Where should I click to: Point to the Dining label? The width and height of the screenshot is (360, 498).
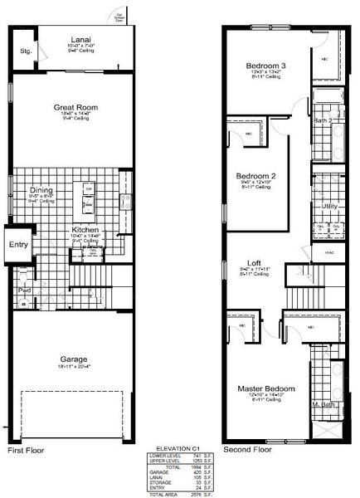click(41, 189)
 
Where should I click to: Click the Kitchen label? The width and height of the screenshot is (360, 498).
click(85, 230)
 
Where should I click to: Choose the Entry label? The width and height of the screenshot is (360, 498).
click(18, 245)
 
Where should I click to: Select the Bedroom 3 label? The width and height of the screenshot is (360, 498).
click(265, 66)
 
